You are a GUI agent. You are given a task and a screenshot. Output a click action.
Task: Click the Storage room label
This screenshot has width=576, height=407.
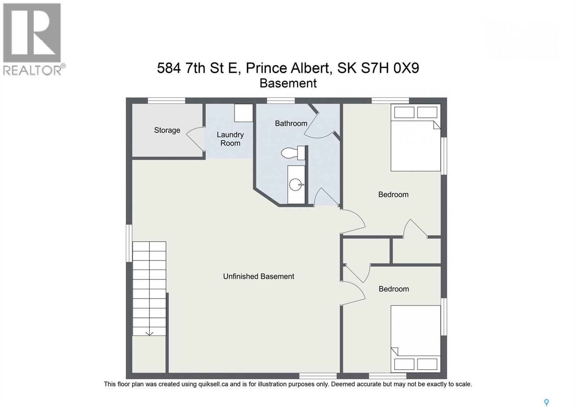coord(167,130)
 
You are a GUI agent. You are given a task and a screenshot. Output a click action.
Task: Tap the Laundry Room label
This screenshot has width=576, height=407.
coord(230,139)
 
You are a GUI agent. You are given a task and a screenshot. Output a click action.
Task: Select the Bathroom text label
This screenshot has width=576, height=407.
coord(291,123)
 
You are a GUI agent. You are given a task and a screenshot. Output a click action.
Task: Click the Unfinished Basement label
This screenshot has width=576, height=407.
coord(258,276)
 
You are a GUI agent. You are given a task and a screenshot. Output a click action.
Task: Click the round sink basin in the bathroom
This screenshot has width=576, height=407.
coord(296,185)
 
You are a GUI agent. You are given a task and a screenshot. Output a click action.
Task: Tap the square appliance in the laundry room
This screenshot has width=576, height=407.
coord(244,113)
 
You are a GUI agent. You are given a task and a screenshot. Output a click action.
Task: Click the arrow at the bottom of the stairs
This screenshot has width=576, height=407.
coord(149,333)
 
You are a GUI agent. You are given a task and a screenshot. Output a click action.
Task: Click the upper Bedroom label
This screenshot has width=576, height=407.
coord(393,194)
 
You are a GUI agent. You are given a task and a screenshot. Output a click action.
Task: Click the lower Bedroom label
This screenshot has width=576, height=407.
coord(393,289)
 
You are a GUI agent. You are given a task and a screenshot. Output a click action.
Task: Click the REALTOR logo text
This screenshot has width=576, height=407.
coord(32,70)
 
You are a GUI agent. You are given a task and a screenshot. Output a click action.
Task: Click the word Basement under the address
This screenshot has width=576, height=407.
coord(288,83)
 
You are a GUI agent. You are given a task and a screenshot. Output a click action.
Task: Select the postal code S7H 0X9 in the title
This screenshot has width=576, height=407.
coord(390,68)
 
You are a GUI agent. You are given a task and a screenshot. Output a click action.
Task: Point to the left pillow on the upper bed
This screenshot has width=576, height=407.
coord(404,112)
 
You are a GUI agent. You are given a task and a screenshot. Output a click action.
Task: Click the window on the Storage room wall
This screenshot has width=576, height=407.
coord(166,100)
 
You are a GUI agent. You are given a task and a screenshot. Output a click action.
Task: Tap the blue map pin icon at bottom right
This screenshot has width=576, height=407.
coord(546,402)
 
